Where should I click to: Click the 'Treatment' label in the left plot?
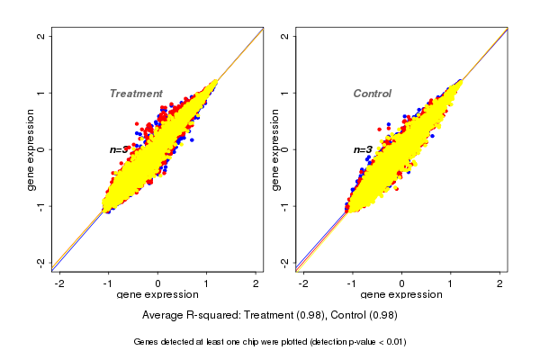(x=136, y=94)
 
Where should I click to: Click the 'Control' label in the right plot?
(x=372, y=94)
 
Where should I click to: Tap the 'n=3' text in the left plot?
(x=120, y=149)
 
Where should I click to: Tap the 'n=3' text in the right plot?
(x=363, y=149)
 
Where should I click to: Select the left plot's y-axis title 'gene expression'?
(x=31, y=149)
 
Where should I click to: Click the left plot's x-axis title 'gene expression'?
(x=157, y=295)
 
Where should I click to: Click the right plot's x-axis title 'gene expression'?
(x=400, y=295)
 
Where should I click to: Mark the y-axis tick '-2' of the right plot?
(x=285, y=262)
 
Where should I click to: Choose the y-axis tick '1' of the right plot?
(x=285, y=93)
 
